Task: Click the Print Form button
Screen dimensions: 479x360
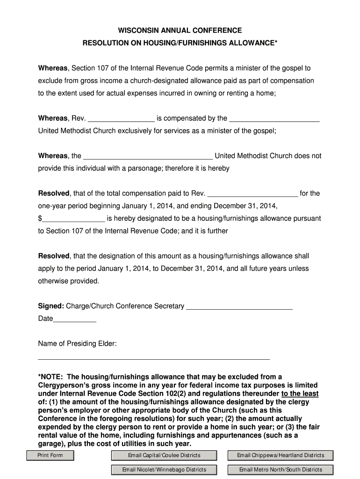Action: coord(50,455)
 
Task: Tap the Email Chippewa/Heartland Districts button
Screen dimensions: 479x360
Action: coord(281,455)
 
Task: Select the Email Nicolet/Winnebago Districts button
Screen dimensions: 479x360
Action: coord(164,470)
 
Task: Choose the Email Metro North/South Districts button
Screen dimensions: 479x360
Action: coord(281,470)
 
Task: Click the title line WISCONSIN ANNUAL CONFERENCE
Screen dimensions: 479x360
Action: coord(180,30)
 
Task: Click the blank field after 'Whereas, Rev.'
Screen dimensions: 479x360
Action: coord(121,119)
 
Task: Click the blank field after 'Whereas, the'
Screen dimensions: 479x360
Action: coord(148,156)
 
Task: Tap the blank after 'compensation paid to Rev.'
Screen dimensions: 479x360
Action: coord(252,194)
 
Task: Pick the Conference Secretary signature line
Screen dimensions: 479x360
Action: coord(239,307)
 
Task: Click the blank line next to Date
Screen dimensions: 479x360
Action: coord(75,319)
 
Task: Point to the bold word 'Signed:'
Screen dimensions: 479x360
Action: coord(51,306)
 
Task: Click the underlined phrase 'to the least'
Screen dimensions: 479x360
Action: coord(300,393)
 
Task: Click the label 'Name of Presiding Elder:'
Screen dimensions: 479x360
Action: coord(77,344)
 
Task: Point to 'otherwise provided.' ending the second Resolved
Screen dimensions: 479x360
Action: coord(69,281)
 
